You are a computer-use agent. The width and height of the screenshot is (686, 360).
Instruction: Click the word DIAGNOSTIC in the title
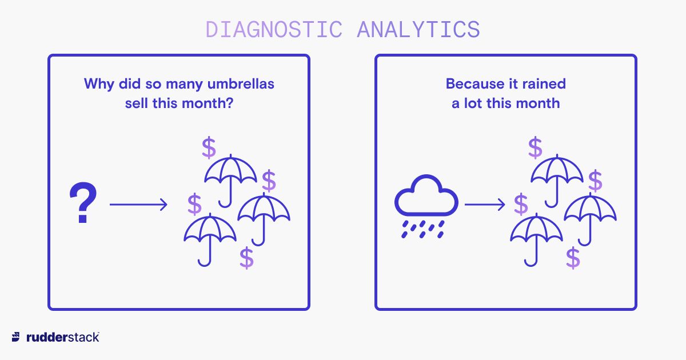(x=274, y=30)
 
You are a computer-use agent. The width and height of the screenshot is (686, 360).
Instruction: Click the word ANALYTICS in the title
(x=418, y=30)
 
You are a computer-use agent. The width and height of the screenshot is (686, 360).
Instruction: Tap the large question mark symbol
(x=83, y=202)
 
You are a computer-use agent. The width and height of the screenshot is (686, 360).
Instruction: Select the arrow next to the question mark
(x=138, y=205)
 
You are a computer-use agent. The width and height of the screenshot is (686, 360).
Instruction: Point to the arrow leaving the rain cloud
(x=485, y=205)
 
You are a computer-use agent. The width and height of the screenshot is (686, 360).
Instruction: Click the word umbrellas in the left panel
(x=241, y=84)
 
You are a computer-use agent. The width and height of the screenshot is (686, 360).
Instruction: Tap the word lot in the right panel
(x=472, y=103)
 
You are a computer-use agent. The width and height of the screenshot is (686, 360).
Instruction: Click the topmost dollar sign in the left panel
(x=209, y=147)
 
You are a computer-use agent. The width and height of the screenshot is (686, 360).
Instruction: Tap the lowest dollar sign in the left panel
(x=246, y=258)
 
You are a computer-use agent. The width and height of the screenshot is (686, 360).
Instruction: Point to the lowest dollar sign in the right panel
(x=573, y=258)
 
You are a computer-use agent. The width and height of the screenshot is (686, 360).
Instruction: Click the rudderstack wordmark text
(x=63, y=337)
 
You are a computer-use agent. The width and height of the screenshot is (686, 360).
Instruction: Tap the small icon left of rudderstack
(x=15, y=337)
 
